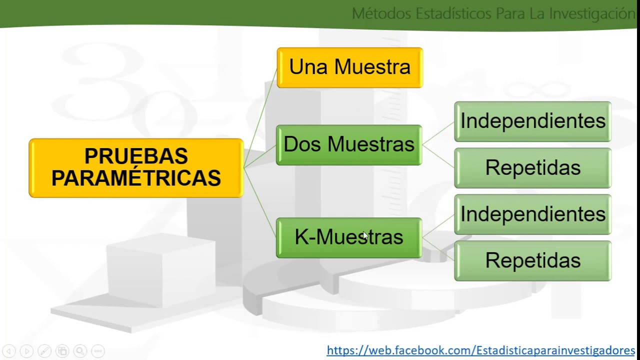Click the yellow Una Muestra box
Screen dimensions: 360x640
pos(349,67)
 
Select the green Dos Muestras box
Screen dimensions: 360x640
pos(349,144)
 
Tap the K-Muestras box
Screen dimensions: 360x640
pos(349,237)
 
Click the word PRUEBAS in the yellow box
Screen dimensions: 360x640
pos(136,156)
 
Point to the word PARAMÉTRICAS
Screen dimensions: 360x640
pos(136,178)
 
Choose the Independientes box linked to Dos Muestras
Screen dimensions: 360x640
pos(532,121)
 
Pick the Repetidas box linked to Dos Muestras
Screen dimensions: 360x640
pos(532,167)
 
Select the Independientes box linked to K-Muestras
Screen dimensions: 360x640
pos(532,214)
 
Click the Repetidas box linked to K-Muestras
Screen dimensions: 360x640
pos(532,260)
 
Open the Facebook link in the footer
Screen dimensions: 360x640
pos(480,350)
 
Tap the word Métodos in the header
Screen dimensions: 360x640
pos(381,13)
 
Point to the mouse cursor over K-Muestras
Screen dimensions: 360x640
pos(365,235)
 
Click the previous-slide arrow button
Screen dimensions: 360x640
pos(9,351)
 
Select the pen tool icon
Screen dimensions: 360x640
pos(44,351)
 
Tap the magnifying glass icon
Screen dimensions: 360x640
pos(80,351)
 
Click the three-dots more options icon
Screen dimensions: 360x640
pos(98,351)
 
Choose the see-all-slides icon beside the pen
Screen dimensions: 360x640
pos(62,351)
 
